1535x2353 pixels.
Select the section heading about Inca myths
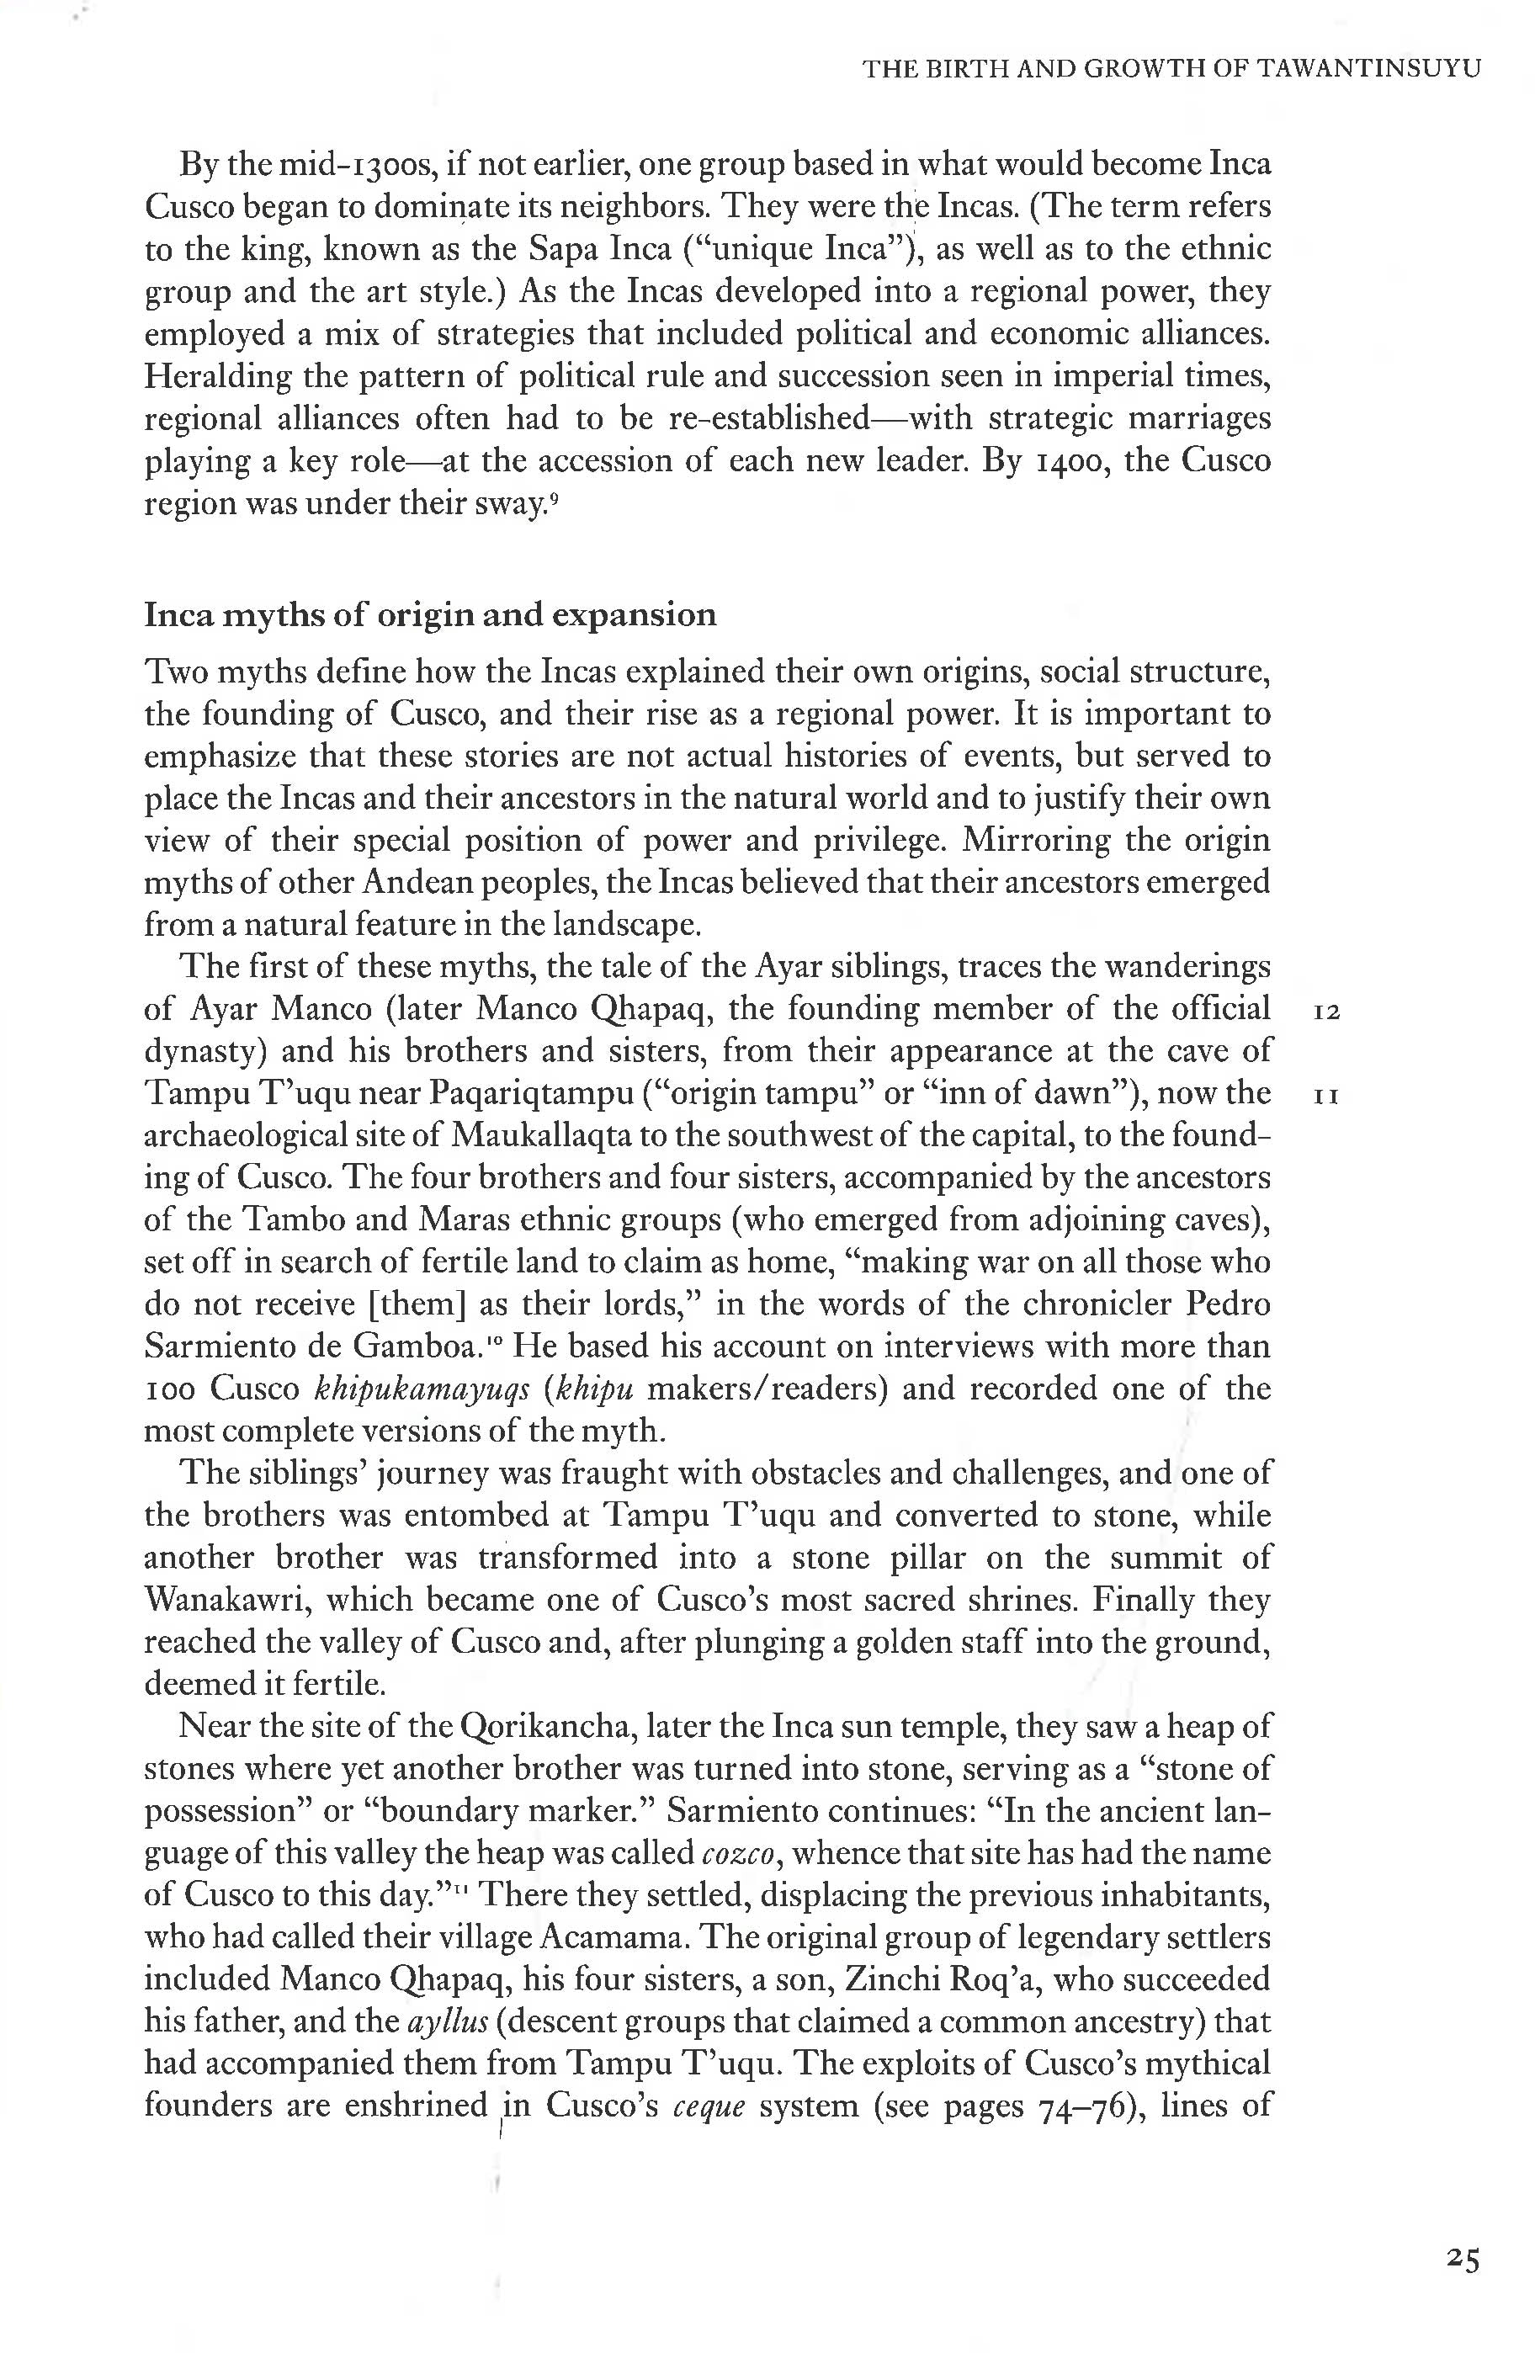click(430, 615)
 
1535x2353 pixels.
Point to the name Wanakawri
click(227, 1600)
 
